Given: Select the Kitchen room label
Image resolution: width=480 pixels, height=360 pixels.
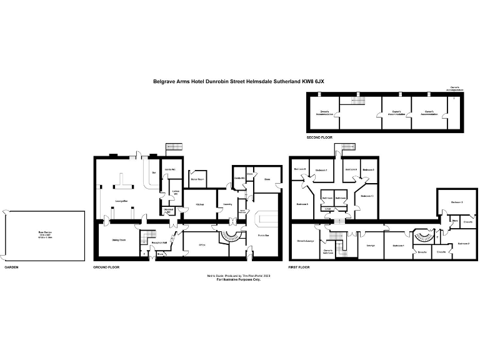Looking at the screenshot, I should [x=199, y=204].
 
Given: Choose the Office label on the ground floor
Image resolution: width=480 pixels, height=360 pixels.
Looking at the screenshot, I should [x=201, y=245].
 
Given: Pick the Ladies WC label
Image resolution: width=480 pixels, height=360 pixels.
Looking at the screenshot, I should [x=176, y=194].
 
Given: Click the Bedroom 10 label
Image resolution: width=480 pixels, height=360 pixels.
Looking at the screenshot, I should [x=367, y=196].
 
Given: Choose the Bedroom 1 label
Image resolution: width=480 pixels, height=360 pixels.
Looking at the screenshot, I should [x=398, y=246].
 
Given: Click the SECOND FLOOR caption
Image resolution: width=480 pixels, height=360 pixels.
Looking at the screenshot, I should [x=319, y=136].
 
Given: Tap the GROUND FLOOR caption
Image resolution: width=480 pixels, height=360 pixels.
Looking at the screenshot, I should [x=106, y=267].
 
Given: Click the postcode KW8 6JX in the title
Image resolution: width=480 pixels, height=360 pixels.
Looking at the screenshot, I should [x=313, y=81].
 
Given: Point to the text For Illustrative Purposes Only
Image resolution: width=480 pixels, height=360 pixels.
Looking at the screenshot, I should [x=239, y=279].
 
